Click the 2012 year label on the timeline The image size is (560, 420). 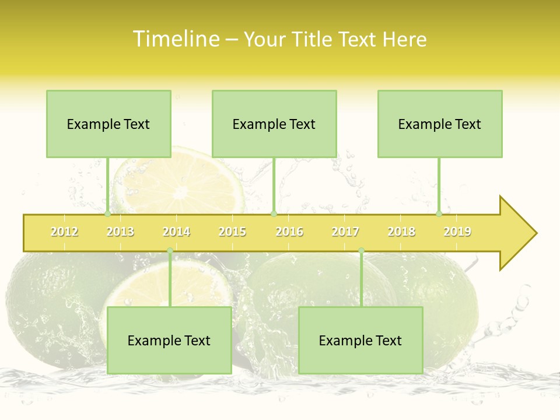pyautogui.click(x=64, y=232)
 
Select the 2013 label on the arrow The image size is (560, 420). pyautogui.click(x=120, y=232)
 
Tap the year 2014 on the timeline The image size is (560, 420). pyautogui.click(x=176, y=232)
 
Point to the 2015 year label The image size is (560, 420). pyautogui.click(x=232, y=232)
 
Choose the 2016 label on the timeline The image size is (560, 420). pyautogui.click(x=289, y=232)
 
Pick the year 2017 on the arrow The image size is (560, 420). pyautogui.click(x=345, y=232)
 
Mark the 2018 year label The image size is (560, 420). pyautogui.click(x=401, y=232)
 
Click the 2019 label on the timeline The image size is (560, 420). pyautogui.click(x=457, y=232)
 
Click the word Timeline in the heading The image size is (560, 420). pyautogui.click(x=175, y=39)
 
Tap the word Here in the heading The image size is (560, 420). pyautogui.click(x=404, y=39)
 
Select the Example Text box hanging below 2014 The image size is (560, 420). pyautogui.click(x=169, y=340)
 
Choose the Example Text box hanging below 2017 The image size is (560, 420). pyautogui.click(x=360, y=340)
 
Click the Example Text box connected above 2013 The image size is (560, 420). pyautogui.click(x=108, y=124)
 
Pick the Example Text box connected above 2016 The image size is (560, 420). pyautogui.click(x=274, y=124)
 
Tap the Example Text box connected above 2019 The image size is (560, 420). pyautogui.click(x=440, y=124)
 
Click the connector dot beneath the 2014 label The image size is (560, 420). pyautogui.click(x=170, y=251)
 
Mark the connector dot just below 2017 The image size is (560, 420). pyautogui.click(x=361, y=251)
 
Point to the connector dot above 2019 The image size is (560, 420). pyautogui.click(x=439, y=214)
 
